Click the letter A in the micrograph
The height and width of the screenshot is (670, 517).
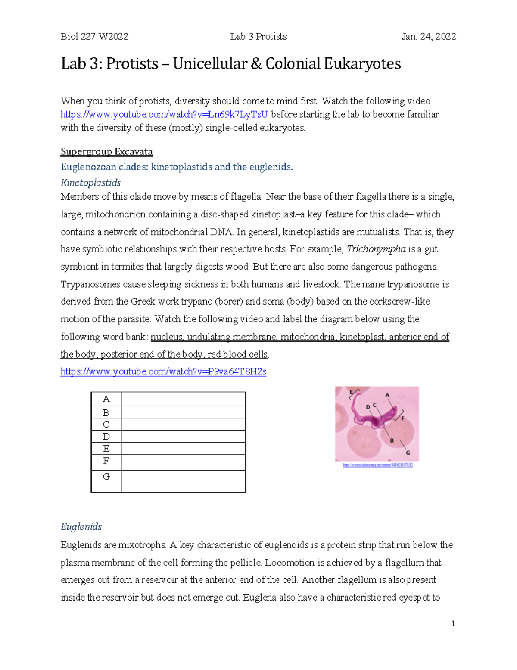387,395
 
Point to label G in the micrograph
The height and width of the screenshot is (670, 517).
408,453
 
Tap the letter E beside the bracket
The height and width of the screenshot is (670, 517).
351,392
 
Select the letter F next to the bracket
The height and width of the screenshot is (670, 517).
403,418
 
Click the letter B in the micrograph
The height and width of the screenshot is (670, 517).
392,440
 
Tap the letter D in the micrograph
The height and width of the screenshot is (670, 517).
368,407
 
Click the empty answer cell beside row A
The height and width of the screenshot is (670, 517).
183,399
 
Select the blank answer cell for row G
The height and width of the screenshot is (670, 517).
183,481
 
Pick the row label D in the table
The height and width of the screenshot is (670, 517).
106,437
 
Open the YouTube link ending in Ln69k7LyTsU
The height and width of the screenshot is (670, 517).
164,114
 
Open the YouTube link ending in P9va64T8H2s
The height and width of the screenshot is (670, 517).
163,371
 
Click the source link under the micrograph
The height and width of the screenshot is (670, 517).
377,465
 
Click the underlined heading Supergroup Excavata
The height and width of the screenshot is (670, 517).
107,152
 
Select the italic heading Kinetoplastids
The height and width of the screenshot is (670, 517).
90,182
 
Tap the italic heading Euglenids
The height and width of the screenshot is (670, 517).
81,527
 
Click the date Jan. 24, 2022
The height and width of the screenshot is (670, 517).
429,37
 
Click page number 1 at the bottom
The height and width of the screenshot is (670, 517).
453,623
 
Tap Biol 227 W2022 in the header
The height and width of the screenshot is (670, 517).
95,37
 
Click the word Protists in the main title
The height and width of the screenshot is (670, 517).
132,64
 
